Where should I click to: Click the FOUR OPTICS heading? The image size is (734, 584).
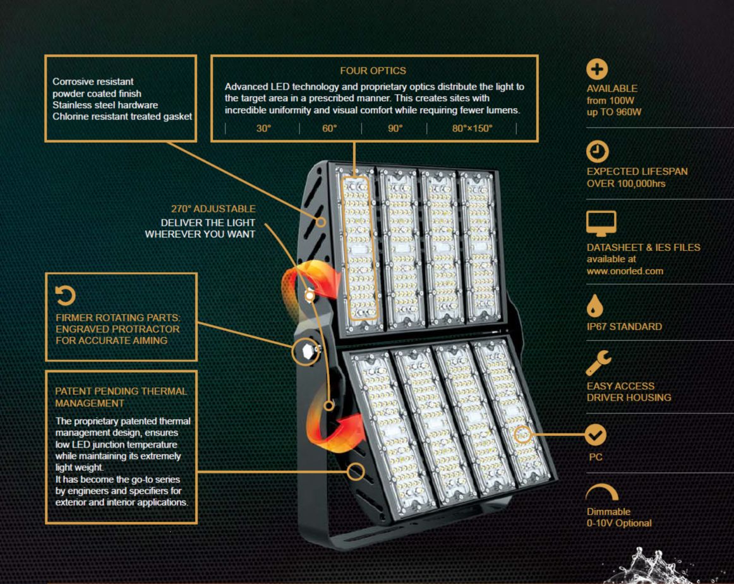click(x=373, y=71)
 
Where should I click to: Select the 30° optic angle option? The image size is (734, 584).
click(x=263, y=128)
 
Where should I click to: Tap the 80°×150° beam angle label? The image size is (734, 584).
click(x=472, y=128)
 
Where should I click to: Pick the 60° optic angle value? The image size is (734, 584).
click(x=330, y=128)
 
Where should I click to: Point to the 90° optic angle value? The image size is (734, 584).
click(x=395, y=128)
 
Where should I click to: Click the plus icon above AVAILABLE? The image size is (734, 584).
click(x=597, y=70)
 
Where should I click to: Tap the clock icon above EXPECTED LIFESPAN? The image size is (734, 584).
click(x=598, y=151)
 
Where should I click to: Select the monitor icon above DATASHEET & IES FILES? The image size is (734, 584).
click(x=601, y=223)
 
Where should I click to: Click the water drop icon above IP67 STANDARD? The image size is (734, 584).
click(x=594, y=306)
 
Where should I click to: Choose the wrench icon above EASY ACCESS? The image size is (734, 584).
click(x=598, y=363)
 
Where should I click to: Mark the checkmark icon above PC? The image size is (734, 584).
click(x=596, y=435)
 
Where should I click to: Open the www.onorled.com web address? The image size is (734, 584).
click(x=625, y=271)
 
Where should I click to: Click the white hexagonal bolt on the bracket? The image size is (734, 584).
click(x=308, y=351)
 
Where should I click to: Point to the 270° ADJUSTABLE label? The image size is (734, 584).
click(x=213, y=209)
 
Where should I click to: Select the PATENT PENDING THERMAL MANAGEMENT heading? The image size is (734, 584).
click(x=121, y=397)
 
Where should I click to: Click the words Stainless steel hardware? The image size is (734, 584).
click(x=105, y=105)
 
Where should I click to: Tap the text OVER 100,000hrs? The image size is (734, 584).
click(x=626, y=183)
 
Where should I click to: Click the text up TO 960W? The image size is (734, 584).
click(x=614, y=112)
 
